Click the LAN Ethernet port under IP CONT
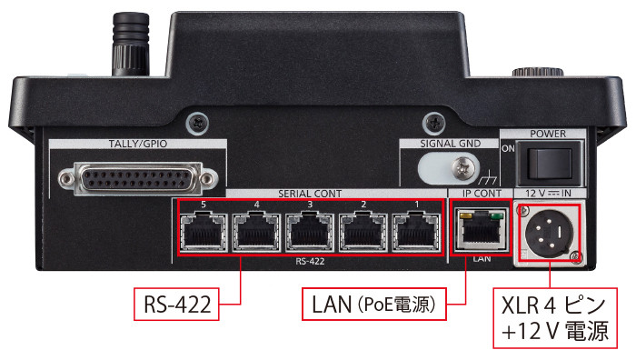pyautogui.click(x=482, y=229)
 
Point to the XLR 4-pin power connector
pyautogui.click(x=549, y=234)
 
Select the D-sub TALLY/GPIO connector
pyautogui.click(x=138, y=178)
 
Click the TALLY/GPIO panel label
pyautogui.click(x=137, y=144)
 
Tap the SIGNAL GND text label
pyautogui.click(x=450, y=144)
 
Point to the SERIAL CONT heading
pyautogui.click(x=310, y=194)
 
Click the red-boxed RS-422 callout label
pyautogui.click(x=177, y=304)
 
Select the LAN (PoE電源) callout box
pyautogui.click(x=374, y=304)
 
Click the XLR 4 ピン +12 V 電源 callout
pyautogui.click(x=555, y=318)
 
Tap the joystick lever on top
pyautogui.click(x=131, y=45)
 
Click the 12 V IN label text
pyautogui.click(x=548, y=194)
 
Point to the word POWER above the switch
pyautogui.click(x=548, y=134)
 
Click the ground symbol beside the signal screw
pyautogui.click(x=488, y=178)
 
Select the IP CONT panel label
pyautogui.click(x=482, y=194)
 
